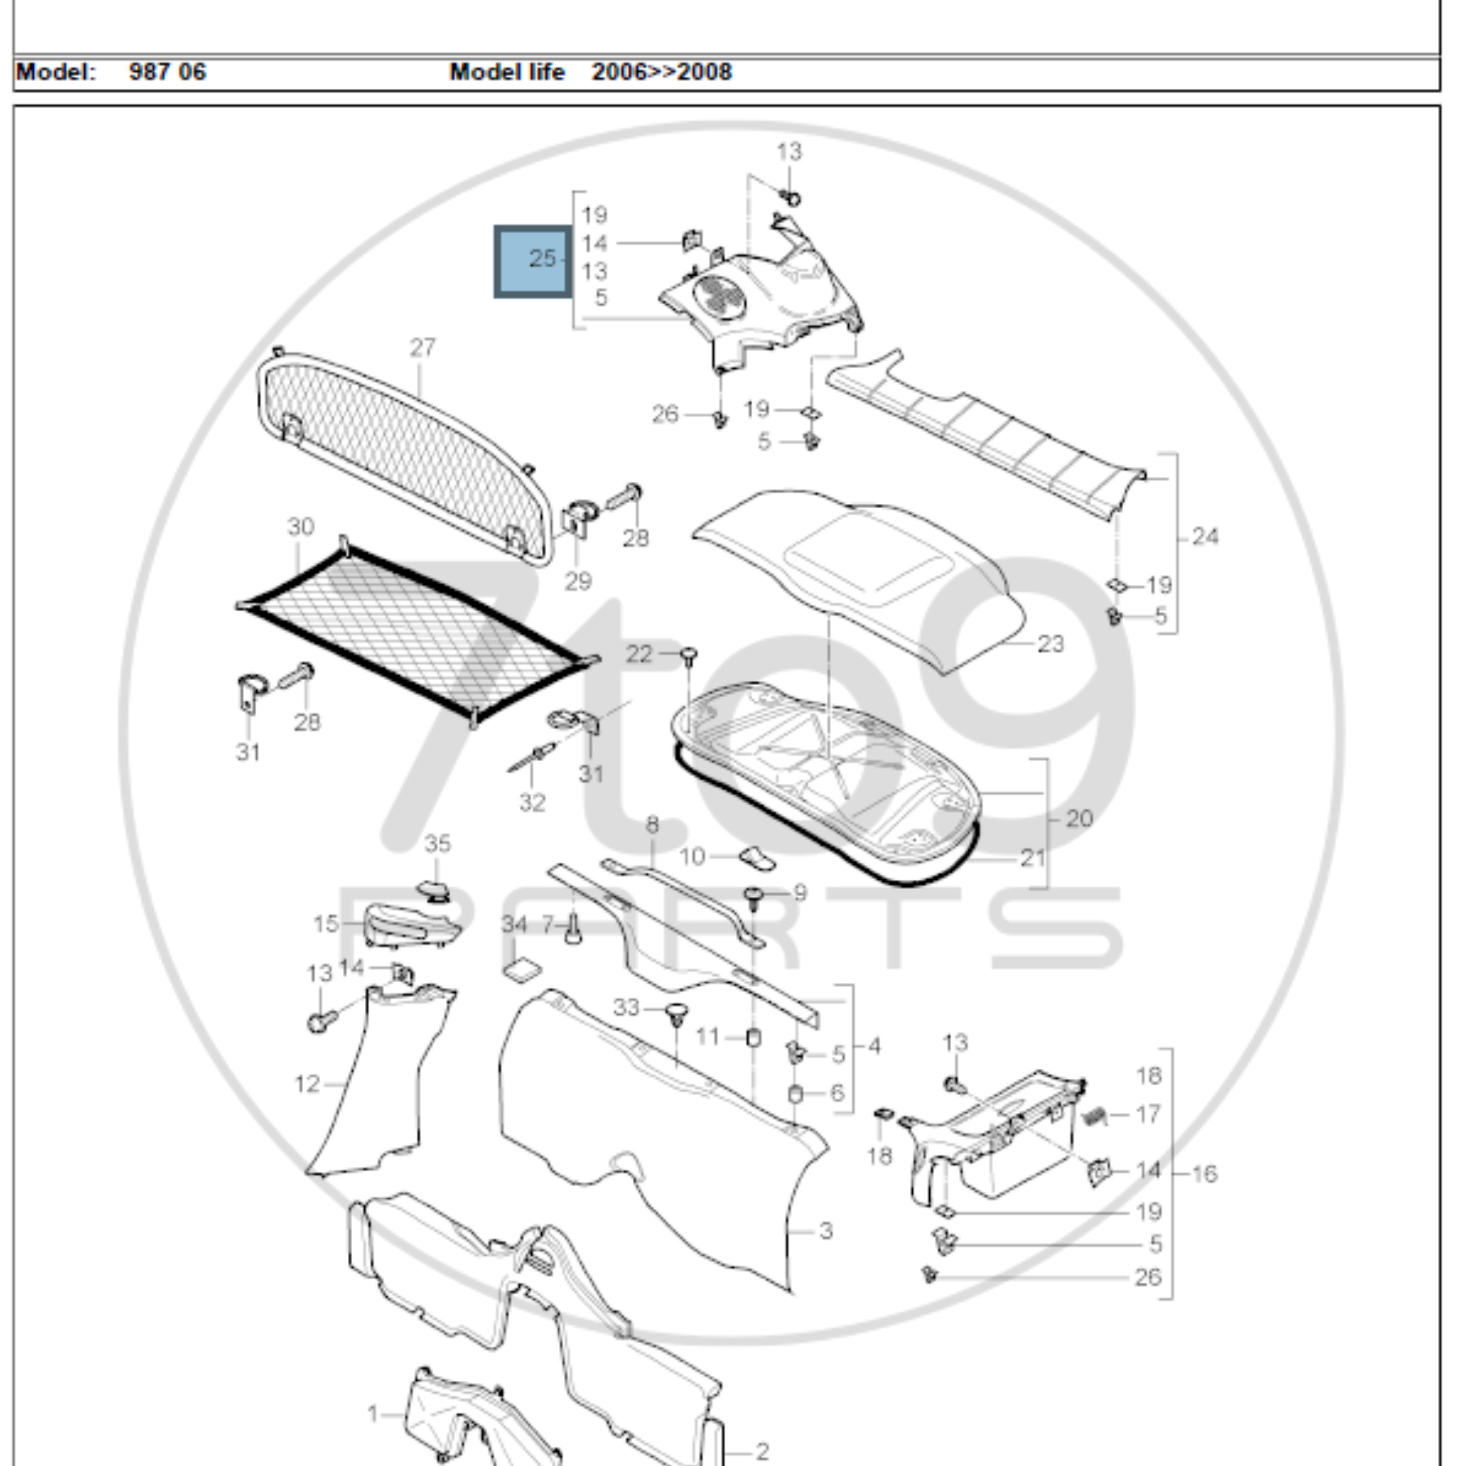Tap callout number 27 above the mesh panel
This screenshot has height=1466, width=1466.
coord(422,347)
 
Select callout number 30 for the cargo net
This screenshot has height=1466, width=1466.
coord(301,527)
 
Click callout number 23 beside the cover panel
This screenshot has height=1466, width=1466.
coord(1050,644)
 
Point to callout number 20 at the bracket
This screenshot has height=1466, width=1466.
coord(1079,819)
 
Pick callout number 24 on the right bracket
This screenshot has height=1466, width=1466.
coord(1205,538)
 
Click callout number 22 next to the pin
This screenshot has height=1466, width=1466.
coord(639,654)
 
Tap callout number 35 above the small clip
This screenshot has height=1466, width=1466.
coord(437,843)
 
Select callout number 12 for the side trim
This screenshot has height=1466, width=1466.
coord(306,1084)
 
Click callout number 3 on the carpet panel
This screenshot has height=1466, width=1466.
coord(826,1230)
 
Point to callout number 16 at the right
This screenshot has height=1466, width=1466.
coord(1204,1174)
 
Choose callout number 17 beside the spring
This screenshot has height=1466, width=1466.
coord(1149,1114)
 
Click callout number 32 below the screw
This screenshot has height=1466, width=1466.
coord(532,802)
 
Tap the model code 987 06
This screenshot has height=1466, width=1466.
coord(167,72)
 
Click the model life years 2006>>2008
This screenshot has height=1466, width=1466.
coord(661,72)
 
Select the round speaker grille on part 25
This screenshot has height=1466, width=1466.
coord(718,298)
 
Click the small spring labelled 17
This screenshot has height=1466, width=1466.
coord(1094,1115)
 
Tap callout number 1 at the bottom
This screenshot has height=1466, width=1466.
coord(372,1414)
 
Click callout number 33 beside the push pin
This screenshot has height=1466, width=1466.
coord(626,1008)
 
